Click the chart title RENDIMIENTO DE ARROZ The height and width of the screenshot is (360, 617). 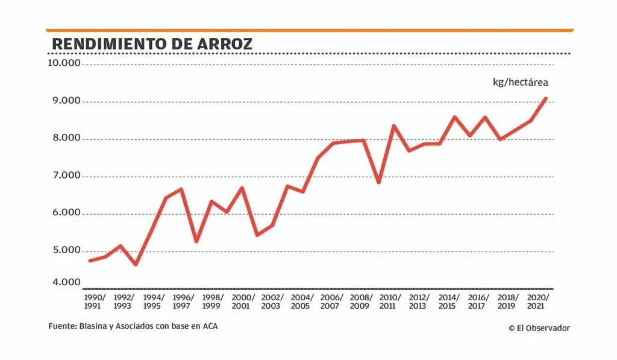[152, 44]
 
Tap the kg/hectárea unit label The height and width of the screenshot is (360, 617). [521, 83]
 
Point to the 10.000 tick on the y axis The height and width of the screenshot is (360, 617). [64, 63]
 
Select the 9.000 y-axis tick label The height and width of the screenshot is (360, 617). [64, 101]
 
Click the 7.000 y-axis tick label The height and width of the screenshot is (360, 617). [64, 175]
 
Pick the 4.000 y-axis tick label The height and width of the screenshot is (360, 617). [64, 282]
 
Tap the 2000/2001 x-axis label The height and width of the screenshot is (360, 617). [243, 302]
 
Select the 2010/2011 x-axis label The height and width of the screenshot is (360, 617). [390, 302]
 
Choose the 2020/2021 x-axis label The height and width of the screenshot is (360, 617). [538, 302]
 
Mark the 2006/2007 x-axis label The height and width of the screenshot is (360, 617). [331, 302]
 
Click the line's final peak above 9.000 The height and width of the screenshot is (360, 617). [545, 98]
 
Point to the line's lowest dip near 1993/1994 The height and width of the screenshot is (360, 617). [136, 264]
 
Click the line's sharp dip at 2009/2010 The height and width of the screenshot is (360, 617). [378, 182]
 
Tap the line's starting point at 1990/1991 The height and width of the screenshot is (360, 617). [90, 261]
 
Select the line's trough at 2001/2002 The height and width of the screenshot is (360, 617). [257, 235]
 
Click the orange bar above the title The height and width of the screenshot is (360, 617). [309, 30]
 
